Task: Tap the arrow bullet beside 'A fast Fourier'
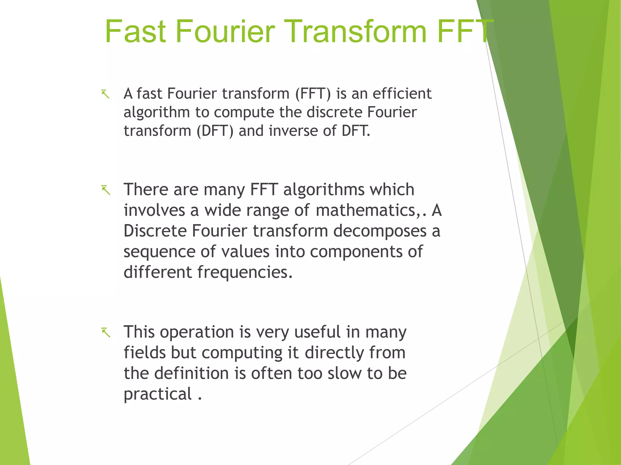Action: [106, 94]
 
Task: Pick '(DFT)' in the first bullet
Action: [215, 131]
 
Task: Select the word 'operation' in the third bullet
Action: [197, 332]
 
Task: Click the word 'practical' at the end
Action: [158, 394]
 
